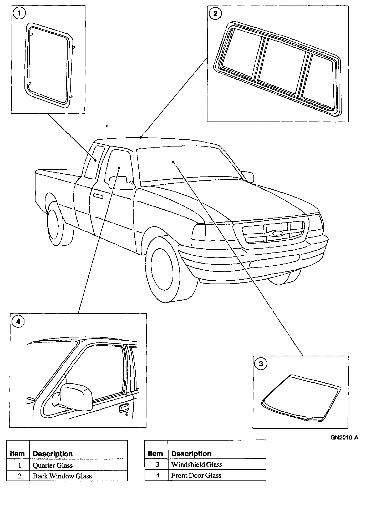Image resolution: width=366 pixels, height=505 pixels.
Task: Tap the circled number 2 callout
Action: [x=215, y=13]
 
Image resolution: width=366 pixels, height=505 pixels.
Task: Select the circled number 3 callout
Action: [x=261, y=364]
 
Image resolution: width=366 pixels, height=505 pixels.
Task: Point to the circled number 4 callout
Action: [x=18, y=321]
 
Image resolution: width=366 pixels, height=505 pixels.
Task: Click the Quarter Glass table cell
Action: [x=52, y=466]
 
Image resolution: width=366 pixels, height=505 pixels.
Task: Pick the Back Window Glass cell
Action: [x=62, y=476]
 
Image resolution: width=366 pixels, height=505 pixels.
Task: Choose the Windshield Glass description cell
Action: [x=197, y=465]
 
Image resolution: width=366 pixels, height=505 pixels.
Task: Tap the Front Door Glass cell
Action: [x=196, y=476]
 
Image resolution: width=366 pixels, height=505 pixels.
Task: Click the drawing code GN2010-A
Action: [x=344, y=438]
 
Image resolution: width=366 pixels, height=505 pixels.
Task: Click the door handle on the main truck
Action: [x=98, y=196]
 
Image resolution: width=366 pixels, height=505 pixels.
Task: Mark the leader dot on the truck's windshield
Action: [x=173, y=162]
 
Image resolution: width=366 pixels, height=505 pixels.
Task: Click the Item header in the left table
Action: [x=17, y=454]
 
